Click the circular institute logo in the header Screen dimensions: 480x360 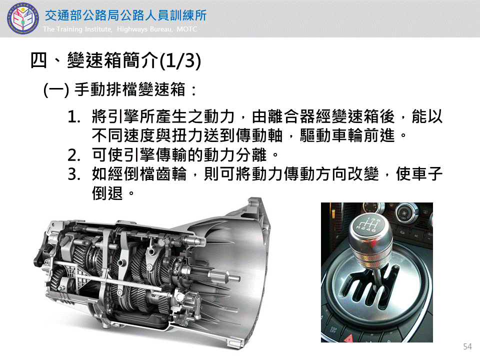[x=23, y=18]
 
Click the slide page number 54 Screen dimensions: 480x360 [x=467, y=346]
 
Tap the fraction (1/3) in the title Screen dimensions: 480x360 [x=180, y=60]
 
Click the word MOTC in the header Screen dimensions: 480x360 [x=186, y=29]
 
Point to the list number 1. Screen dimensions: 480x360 [x=74, y=117]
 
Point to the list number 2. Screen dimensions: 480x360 [x=74, y=155]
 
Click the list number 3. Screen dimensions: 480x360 [x=74, y=174]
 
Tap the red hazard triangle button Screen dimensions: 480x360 [x=348, y=338]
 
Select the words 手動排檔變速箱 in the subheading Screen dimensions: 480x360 [x=130, y=90]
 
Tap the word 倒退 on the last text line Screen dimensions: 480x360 [x=107, y=193]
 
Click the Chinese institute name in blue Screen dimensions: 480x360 [x=126, y=15]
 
